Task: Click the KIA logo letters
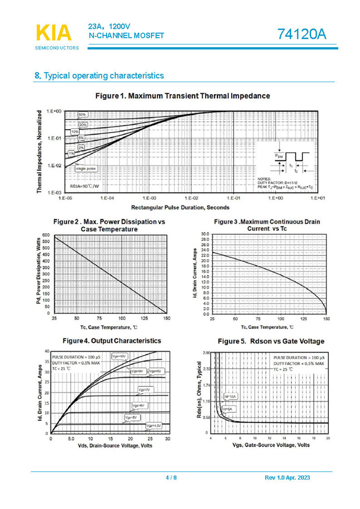click(54, 33)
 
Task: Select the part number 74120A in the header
click(302, 34)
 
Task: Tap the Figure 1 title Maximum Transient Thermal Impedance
click(182, 96)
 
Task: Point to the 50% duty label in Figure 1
click(82, 114)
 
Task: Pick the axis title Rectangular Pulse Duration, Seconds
click(180, 208)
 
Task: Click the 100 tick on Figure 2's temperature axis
click(121, 319)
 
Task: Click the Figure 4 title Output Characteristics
click(111, 340)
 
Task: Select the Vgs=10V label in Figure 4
click(119, 355)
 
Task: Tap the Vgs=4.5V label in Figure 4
click(154, 426)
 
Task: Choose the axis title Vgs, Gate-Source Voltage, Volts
click(271, 445)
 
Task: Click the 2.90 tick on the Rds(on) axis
click(206, 353)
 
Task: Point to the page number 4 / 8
click(171, 478)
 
